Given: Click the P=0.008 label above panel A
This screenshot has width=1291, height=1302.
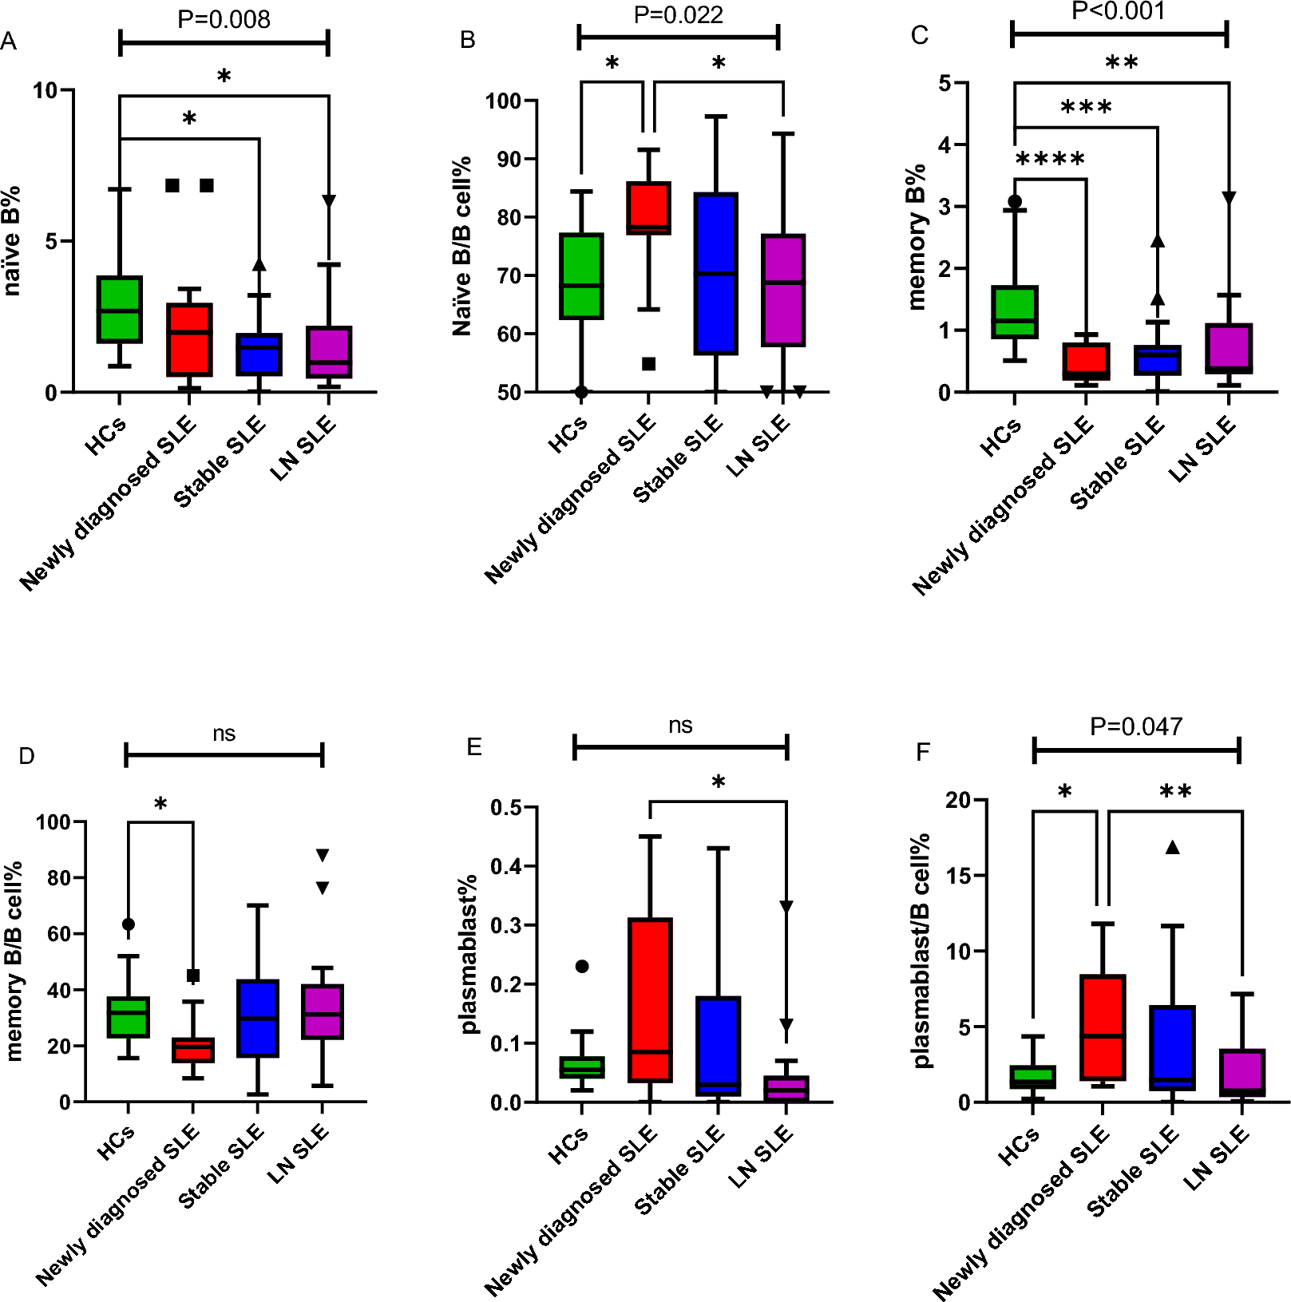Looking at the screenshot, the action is click(224, 19).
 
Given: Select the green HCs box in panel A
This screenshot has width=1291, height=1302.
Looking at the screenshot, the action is click(120, 310).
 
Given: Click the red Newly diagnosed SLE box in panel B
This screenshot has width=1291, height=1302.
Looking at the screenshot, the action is click(648, 208).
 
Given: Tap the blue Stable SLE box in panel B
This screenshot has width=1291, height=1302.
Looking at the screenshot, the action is click(716, 273).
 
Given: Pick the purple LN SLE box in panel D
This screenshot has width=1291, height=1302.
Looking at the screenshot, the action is click(323, 1011).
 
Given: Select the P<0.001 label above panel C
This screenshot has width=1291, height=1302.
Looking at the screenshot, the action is click(1119, 11).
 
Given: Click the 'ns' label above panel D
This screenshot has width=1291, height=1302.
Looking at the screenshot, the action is click(224, 734).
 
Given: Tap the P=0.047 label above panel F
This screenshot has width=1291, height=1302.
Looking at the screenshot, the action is click(1136, 726).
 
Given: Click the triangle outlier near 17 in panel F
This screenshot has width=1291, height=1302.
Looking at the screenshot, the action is click(1172, 848).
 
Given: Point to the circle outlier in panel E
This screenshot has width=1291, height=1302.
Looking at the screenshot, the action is click(582, 967).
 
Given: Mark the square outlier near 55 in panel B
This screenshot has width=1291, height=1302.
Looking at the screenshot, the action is click(649, 364).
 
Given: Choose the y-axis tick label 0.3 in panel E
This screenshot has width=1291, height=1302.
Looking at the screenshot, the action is click(506, 925).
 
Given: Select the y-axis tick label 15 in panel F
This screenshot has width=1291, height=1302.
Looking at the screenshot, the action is click(960, 875).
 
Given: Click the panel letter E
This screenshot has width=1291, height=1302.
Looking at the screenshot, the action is click(474, 747).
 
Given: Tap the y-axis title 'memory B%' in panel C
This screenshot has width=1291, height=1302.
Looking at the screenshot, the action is click(917, 236).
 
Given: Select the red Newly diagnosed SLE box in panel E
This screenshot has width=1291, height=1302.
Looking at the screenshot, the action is click(650, 1000).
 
